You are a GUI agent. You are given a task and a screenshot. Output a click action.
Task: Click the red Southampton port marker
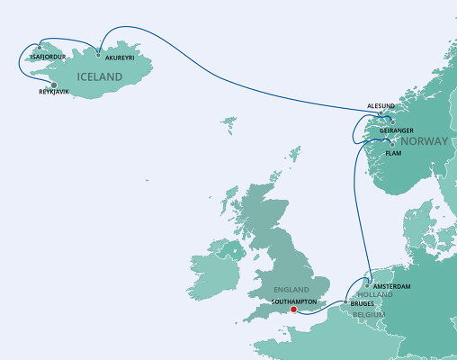pos(294,309)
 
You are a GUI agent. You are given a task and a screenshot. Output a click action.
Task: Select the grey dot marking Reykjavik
pos(54,85)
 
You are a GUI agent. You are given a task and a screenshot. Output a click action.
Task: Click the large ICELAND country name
pos(97,78)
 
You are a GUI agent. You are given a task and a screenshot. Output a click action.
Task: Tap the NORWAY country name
pos(424,142)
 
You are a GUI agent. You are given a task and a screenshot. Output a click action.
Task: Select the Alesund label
pos(383,105)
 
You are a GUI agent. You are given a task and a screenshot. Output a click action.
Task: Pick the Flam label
pos(393,153)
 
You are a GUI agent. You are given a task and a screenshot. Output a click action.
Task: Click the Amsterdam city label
pos(391,286)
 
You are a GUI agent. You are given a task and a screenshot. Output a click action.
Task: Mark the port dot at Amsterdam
pos(366,286)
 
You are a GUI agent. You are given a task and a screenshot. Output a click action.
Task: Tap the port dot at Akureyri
pos(98,54)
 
